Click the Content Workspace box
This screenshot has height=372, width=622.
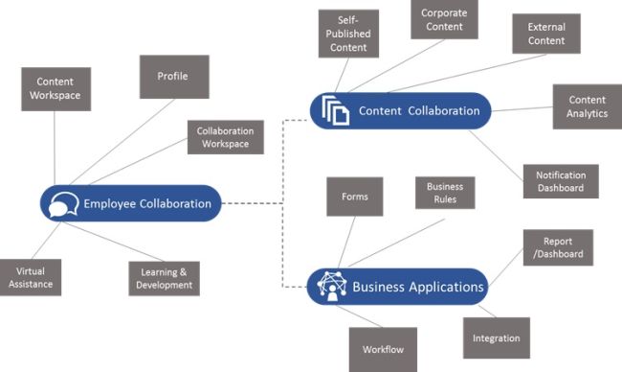(x=56, y=88)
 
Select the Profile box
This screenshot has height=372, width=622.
(x=174, y=77)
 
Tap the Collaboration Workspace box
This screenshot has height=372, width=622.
(x=223, y=137)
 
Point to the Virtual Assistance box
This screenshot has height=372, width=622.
(x=31, y=278)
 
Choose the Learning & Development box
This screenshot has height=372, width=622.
(x=165, y=278)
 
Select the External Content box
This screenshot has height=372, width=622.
(x=545, y=34)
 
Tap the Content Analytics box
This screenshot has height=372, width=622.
(x=587, y=106)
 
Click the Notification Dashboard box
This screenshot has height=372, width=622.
(x=561, y=181)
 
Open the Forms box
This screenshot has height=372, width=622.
(x=354, y=197)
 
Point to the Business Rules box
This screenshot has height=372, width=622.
(x=445, y=194)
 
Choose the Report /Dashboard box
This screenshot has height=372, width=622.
(x=557, y=247)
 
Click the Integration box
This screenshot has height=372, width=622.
(x=496, y=337)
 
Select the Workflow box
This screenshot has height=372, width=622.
(x=382, y=349)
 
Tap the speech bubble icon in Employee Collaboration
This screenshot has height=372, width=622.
(x=63, y=204)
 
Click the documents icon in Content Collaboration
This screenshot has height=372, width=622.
(x=334, y=110)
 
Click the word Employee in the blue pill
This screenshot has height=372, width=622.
(x=112, y=203)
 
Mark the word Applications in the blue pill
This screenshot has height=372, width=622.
(x=447, y=287)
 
